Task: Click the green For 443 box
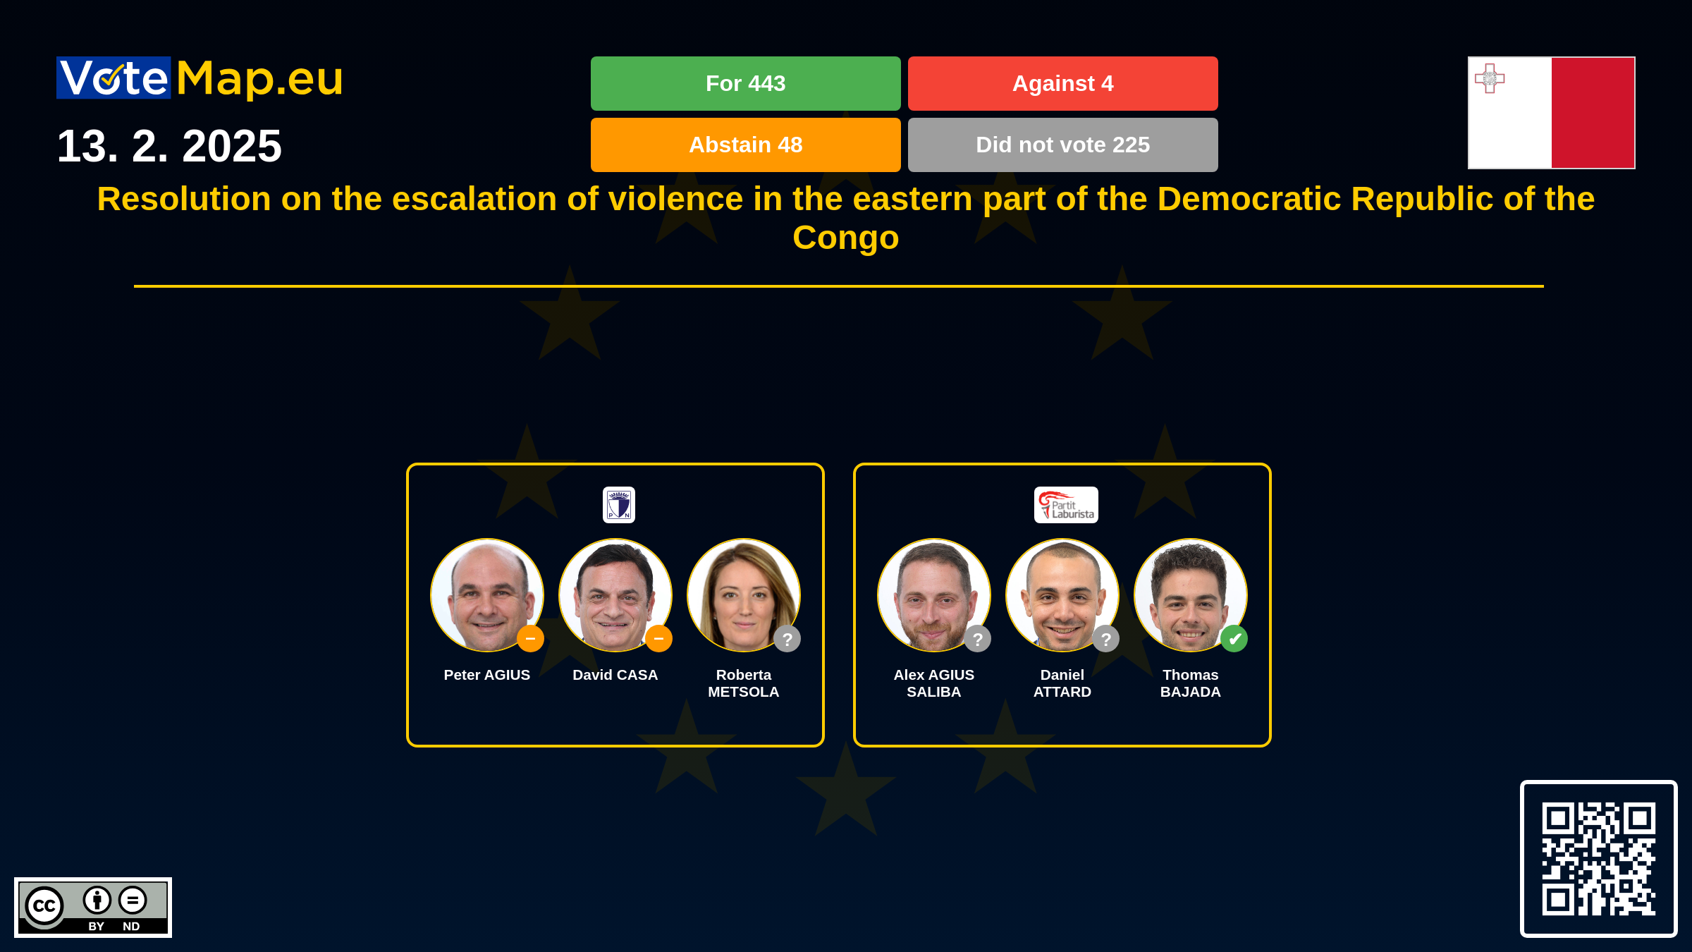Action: (x=745, y=83)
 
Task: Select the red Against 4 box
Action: (x=1062, y=83)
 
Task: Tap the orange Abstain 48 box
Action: (x=745, y=145)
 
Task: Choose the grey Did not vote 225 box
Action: (x=1062, y=145)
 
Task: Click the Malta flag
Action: (x=1551, y=113)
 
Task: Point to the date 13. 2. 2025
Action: (x=169, y=146)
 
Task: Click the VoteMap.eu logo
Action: (x=200, y=78)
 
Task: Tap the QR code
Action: (x=1598, y=859)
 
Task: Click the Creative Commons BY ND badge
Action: (x=93, y=908)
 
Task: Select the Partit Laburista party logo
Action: (x=1066, y=505)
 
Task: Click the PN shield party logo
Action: (x=619, y=505)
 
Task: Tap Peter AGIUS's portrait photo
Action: (x=487, y=595)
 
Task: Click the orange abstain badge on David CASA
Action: (x=658, y=639)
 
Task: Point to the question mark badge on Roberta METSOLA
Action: (x=787, y=639)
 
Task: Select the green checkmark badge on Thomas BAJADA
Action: (x=1234, y=639)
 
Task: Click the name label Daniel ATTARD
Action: (x=1062, y=683)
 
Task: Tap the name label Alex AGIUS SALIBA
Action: (x=934, y=683)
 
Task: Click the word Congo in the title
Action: (x=846, y=238)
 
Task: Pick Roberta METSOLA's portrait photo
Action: (x=744, y=595)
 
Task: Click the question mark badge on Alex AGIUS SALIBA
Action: (x=977, y=639)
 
